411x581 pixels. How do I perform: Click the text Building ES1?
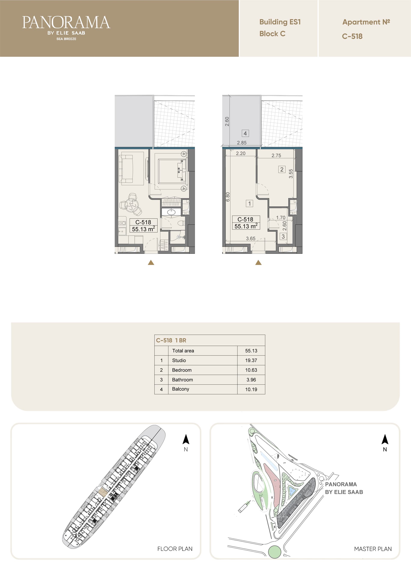click(x=280, y=22)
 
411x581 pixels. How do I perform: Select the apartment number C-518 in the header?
click(x=352, y=36)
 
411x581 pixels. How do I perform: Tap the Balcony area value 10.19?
click(x=251, y=389)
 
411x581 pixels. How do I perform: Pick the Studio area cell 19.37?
click(x=251, y=360)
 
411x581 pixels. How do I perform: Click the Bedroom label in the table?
click(x=182, y=370)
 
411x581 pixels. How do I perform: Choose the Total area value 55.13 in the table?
click(x=251, y=351)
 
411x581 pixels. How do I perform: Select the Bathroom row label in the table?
click(x=182, y=380)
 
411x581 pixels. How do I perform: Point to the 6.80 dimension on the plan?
click(x=228, y=197)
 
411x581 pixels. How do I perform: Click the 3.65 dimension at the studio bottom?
click(x=250, y=238)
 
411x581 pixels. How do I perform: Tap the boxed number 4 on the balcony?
click(x=245, y=133)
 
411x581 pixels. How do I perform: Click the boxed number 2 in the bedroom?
click(x=282, y=169)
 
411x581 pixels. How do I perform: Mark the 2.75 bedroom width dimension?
click(x=276, y=155)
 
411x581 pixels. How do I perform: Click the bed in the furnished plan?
click(x=172, y=171)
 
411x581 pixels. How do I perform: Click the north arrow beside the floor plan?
click(x=186, y=439)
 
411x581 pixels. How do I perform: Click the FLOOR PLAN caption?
click(x=175, y=549)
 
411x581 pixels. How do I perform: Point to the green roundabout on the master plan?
click(x=274, y=552)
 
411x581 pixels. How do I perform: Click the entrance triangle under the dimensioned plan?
click(x=258, y=263)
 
